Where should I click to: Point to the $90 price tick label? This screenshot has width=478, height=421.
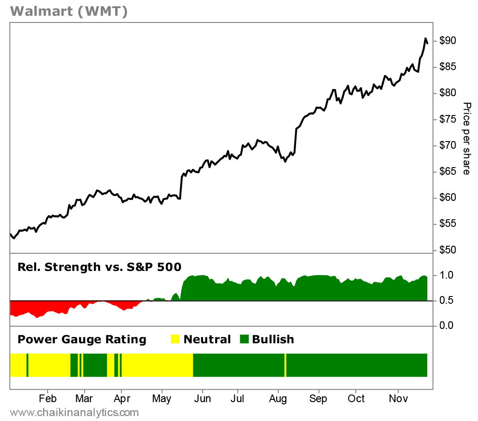point(448,41)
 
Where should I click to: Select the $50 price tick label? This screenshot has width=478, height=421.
point(448,250)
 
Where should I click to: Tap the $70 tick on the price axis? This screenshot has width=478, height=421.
point(448,146)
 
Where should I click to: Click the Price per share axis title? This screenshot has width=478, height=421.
point(467,138)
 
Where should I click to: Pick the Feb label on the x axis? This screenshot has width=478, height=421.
point(47,399)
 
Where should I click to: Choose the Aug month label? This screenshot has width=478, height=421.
point(278,399)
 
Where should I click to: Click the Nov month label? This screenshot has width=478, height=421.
point(398,399)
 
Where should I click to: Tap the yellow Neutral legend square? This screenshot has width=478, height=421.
point(175,339)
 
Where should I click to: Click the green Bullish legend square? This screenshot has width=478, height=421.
point(244,339)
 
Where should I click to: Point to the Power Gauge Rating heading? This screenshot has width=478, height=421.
point(82,339)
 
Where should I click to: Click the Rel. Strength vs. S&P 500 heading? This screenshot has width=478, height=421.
point(99,267)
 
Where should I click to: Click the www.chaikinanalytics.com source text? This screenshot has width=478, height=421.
point(74,412)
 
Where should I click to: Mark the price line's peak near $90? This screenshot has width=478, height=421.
point(425,39)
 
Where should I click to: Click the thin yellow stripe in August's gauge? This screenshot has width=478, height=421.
point(285,365)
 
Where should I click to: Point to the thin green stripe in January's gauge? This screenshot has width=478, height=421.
point(27,365)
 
